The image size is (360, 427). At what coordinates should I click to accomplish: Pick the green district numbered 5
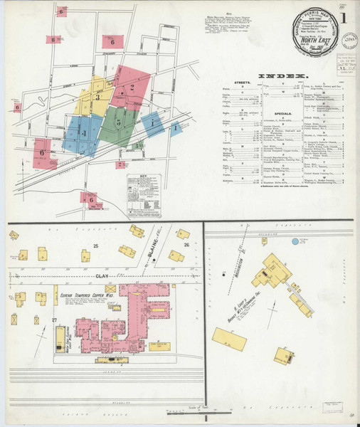point(118,122)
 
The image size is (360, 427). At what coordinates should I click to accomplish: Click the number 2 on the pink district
point(132,88)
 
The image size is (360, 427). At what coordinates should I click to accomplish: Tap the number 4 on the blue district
point(83,133)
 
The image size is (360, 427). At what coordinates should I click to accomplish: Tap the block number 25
point(95,246)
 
